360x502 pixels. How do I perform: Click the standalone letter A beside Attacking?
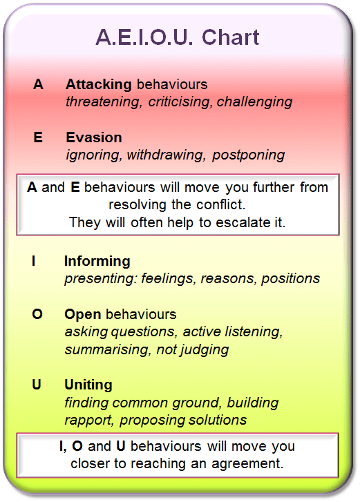pyautogui.click(x=38, y=84)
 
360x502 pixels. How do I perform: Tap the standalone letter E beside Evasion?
pyautogui.click(x=38, y=137)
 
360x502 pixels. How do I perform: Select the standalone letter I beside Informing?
pyautogui.click(x=34, y=261)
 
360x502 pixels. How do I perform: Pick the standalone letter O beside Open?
pyautogui.click(x=37, y=314)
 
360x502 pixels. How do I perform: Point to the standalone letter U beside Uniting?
pyautogui.click(x=37, y=385)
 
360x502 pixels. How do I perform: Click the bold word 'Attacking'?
pyautogui.click(x=98, y=84)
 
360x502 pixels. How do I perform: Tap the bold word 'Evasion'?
pyautogui.click(x=94, y=137)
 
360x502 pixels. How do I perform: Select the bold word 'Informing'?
pyautogui.click(x=97, y=261)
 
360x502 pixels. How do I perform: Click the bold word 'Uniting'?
pyautogui.click(x=88, y=385)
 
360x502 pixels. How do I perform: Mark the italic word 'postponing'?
pyautogui.click(x=249, y=155)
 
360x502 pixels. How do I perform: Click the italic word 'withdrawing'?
pyautogui.click(x=166, y=155)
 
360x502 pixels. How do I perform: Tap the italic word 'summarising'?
pyautogui.click(x=104, y=349)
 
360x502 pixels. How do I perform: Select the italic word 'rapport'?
pyautogui.click(x=88, y=420)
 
